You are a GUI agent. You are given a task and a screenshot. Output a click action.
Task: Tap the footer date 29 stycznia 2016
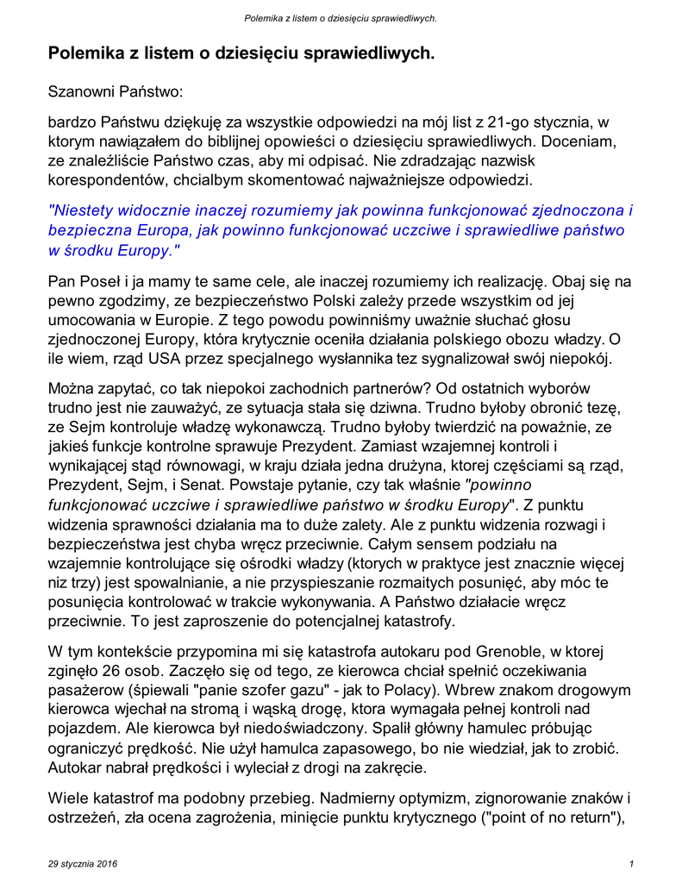tap(83, 863)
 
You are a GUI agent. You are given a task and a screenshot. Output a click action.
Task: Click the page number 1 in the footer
tap(632, 863)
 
